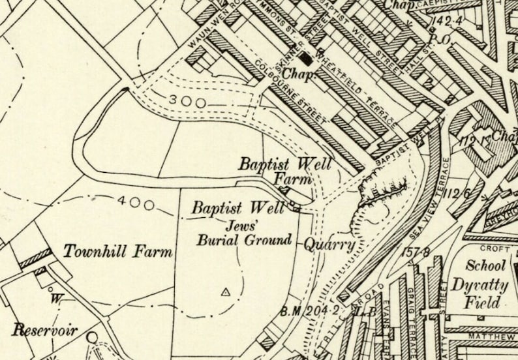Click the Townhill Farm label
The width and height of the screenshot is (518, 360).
point(118,251)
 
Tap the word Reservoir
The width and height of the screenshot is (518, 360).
point(44,329)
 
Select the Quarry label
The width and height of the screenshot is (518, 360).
point(330,245)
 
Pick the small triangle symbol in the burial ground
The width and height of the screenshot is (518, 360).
point(226,292)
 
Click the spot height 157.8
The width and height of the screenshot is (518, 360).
point(418,252)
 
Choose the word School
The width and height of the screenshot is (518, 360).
point(485,265)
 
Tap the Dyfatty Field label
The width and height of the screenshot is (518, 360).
point(477,293)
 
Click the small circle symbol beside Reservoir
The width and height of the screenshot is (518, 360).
point(92,337)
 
